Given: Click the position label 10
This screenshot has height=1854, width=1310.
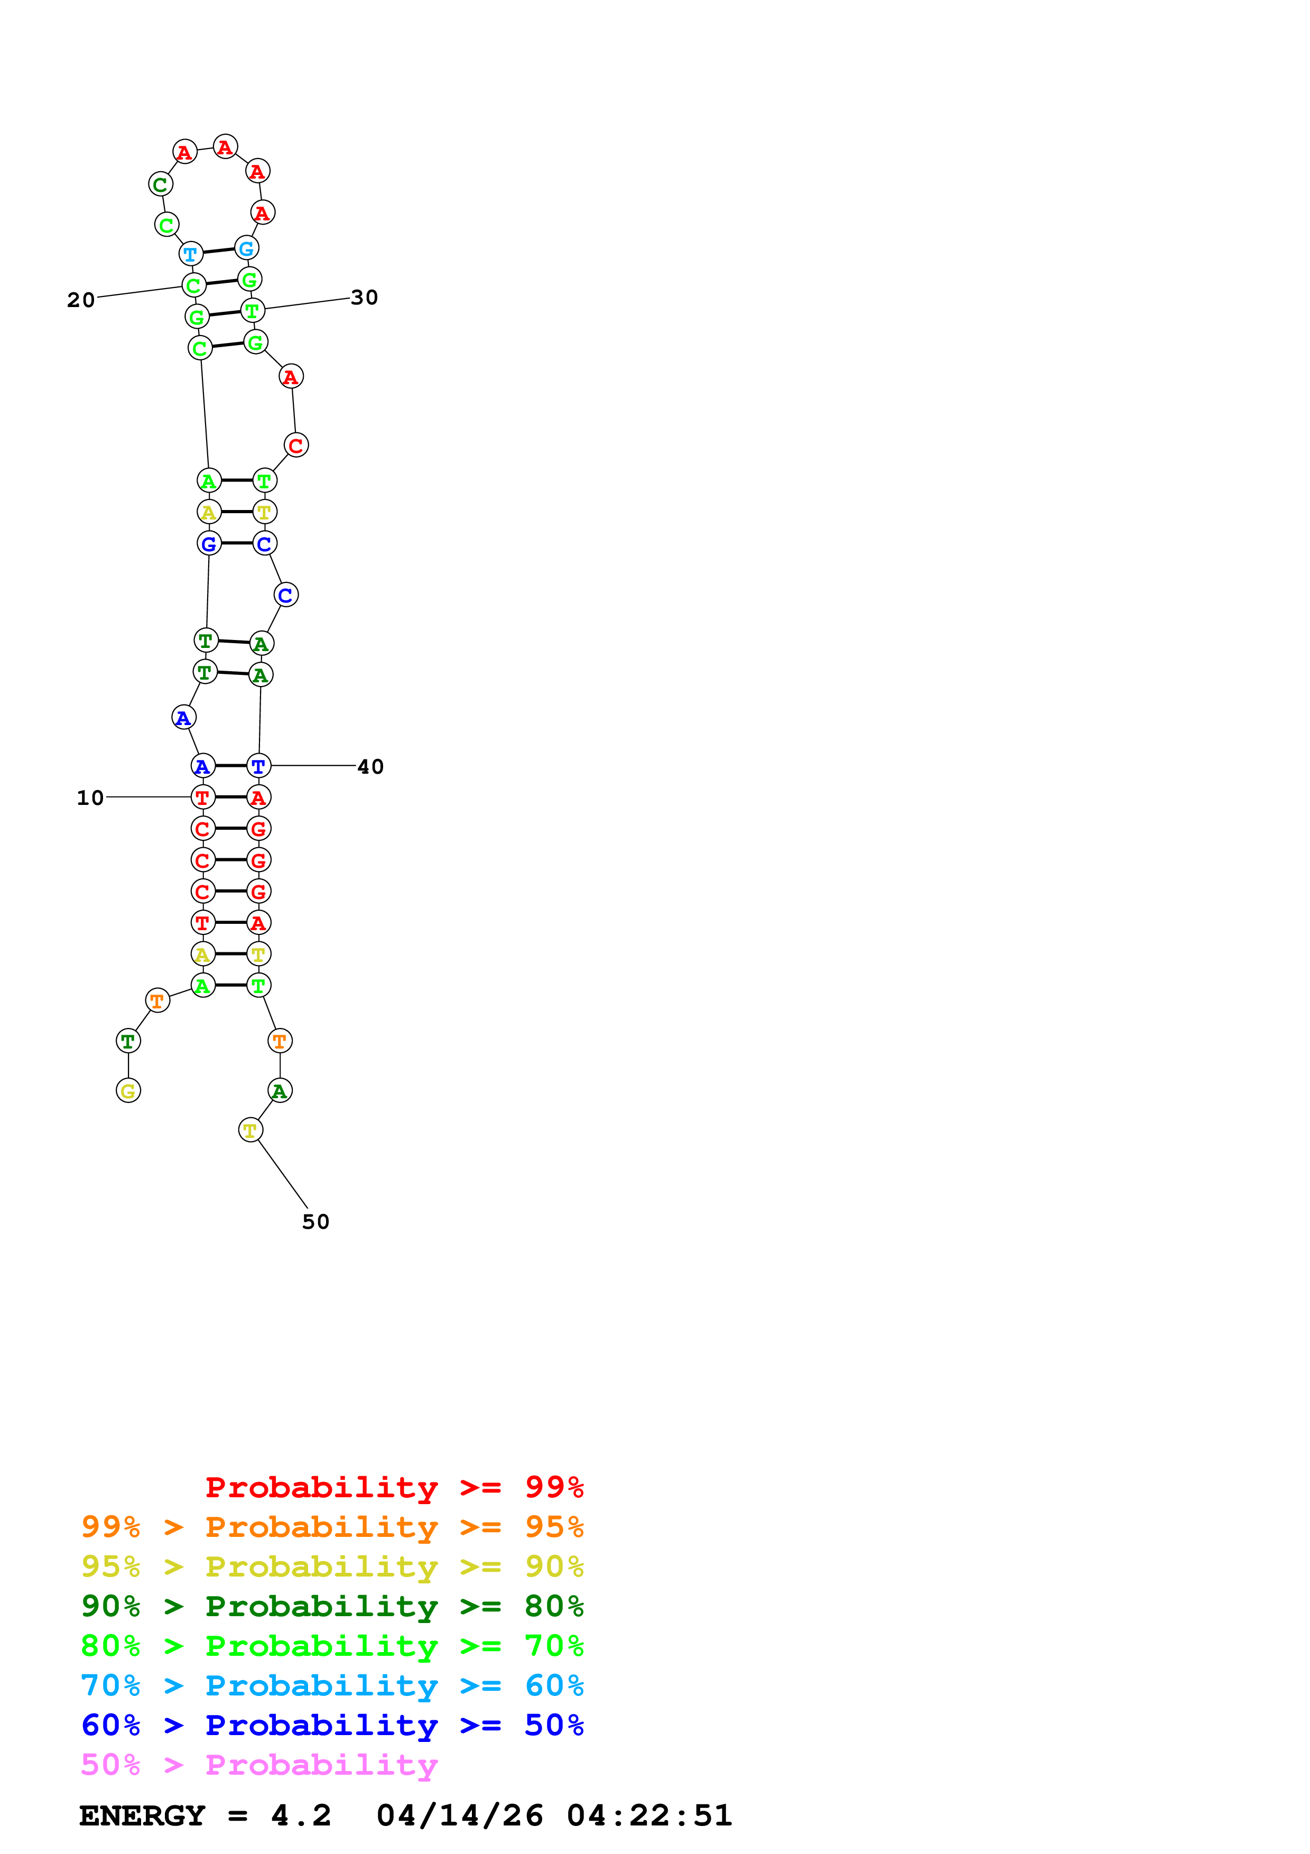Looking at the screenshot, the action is (x=90, y=798).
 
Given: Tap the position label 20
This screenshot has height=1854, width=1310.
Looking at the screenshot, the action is (x=81, y=300).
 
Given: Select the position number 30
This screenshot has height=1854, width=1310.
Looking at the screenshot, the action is (x=364, y=298).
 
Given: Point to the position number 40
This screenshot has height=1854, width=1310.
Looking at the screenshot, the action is (x=370, y=766).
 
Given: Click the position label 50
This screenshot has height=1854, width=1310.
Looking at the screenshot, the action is (x=315, y=1222).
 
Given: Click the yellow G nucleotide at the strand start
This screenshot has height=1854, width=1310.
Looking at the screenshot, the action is (x=128, y=1091).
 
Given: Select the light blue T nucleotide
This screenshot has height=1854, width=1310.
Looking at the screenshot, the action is (x=190, y=254).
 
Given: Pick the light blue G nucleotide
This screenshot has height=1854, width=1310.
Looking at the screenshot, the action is (x=246, y=249).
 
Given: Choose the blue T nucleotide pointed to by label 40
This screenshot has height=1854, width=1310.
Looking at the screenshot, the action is (x=258, y=766).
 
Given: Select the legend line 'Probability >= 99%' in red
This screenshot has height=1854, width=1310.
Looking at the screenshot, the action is (x=394, y=1487).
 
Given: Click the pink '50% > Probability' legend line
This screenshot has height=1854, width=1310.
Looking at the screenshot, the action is (x=259, y=1765).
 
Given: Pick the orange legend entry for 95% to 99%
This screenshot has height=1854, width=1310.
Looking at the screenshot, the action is (x=332, y=1527).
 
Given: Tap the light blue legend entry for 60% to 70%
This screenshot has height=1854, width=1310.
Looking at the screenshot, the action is (x=332, y=1686).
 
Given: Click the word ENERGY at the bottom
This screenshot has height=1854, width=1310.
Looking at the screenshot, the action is (x=142, y=1816).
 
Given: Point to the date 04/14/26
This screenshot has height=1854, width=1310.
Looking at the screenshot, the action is (x=459, y=1816).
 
